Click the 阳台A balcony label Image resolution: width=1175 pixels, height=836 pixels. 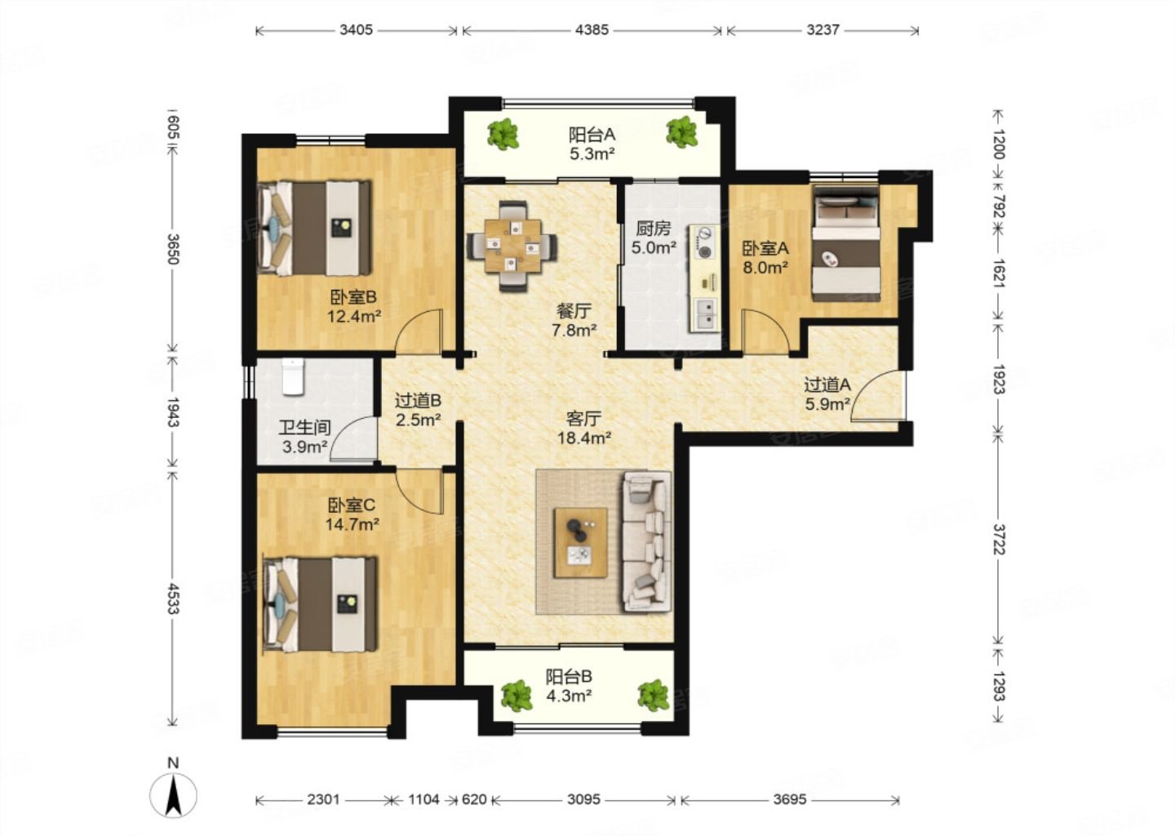(x=592, y=135)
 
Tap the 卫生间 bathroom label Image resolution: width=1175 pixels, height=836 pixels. (x=304, y=428)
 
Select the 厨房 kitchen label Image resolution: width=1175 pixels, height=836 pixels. (x=653, y=229)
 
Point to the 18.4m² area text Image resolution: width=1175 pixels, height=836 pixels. (x=584, y=438)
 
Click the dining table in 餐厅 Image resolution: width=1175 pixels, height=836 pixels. (x=512, y=246)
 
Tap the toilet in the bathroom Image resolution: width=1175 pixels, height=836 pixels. (x=293, y=376)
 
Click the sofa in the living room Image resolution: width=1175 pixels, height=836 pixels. (x=647, y=541)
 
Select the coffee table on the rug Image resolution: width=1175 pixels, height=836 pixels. (x=581, y=543)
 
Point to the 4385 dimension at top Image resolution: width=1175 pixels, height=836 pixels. (x=592, y=30)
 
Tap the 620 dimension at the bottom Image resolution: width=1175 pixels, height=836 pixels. (x=474, y=800)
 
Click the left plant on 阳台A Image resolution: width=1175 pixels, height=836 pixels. (x=503, y=135)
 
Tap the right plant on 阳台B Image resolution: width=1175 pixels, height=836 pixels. (x=654, y=696)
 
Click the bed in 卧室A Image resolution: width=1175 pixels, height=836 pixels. (x=845, y=244)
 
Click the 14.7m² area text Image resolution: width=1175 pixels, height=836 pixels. (x=352, y=524)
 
